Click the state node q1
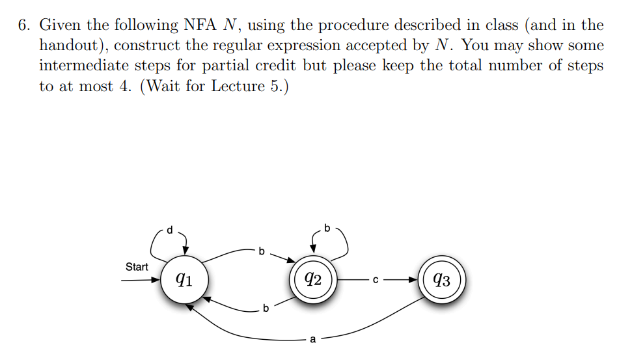coord(184,280)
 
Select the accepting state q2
coord(313,280)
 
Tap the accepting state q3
coord(442,281)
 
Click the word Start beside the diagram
coord(137,267)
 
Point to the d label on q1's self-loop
coord(171,229)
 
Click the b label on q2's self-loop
coord(327,228)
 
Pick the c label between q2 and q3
coord(375,281)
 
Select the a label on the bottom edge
coord(312,339)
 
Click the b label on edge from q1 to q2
coord(262,250)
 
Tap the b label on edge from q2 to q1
coord(266,307)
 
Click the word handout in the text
coord(66,46)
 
